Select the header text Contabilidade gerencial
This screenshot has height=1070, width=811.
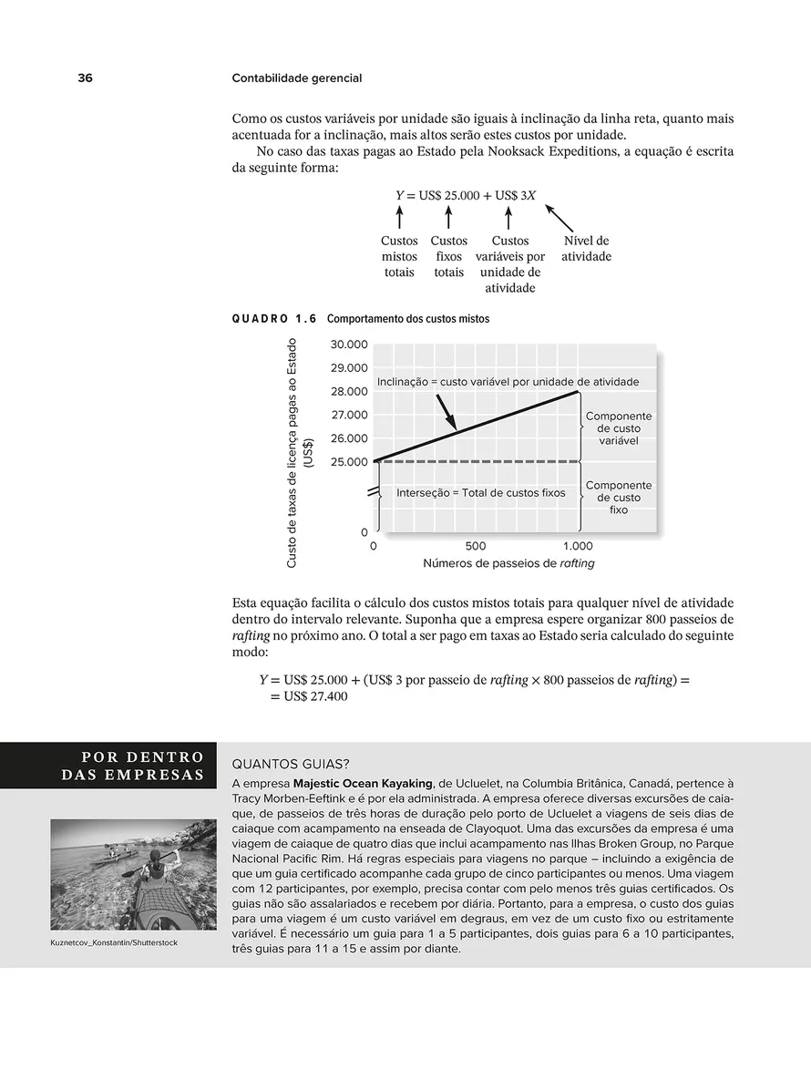(297, 78)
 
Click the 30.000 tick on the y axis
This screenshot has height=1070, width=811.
(350, 345)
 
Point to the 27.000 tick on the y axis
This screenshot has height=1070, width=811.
(350, 415)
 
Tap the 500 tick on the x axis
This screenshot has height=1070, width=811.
(475, 547)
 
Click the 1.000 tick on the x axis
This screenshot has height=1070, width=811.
(577, 547)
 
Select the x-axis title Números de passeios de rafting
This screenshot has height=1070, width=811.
(508, 563)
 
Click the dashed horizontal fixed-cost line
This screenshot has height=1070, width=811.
(474, 462)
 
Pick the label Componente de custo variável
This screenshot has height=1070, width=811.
(619, 428)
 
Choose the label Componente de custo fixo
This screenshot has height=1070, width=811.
(619, 498)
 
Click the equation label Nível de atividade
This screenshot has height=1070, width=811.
(586, 249)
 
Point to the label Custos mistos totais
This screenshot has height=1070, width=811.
(399, 256)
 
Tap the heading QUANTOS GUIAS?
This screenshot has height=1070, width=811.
(292, 764)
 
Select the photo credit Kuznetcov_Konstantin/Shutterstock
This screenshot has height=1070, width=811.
(114, 942)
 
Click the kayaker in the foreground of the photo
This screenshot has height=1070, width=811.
(157, 870)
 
